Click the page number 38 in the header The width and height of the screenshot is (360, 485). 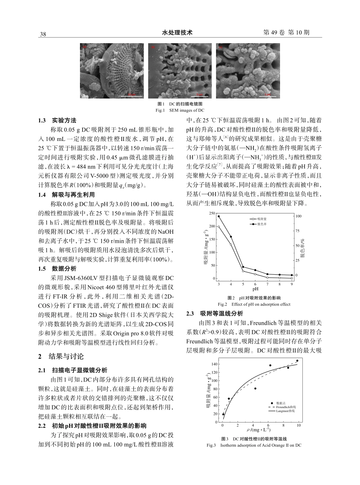coord(43,34)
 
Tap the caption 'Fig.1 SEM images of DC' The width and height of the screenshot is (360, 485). coord(180,110)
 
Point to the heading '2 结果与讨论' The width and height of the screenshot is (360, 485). coord(61,357)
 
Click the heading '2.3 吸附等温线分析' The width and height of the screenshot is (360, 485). coord(215,314)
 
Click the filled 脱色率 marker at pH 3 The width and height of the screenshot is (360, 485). coord(219,216)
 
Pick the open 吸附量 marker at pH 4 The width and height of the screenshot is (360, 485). coord(231,244)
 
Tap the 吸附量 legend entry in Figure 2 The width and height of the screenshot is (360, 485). coord(261,219)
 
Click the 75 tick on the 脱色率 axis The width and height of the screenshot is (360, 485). coord(297,231)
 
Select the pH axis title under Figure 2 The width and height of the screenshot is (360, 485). coord(255,289)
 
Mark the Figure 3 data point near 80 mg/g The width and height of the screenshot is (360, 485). coord(255,388)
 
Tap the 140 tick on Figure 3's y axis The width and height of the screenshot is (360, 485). coord(214,364)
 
